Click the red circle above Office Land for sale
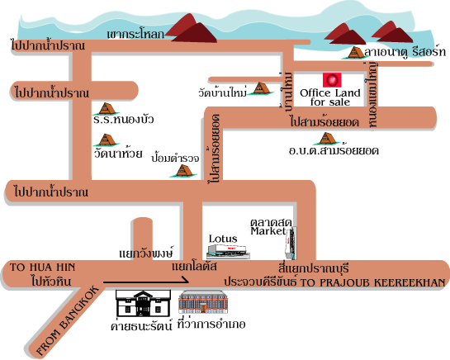point(332,80)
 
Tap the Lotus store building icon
point(229,252)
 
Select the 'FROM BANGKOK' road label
point(68,320)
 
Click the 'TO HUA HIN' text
point(42,268)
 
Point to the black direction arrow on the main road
point(146,282)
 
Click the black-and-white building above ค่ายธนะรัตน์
point(143,303)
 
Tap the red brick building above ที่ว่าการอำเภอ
point(203,302)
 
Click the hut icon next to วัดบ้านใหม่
point(261,88)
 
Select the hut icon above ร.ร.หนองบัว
point(107,109)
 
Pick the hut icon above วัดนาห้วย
point(107,140)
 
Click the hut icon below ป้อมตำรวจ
point(184,171)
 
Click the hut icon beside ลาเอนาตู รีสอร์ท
point(355,53)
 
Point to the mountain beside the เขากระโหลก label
point(191,29)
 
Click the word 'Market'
point(268,231)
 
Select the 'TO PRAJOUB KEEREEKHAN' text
point(372,282)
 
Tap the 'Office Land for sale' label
point(330,97)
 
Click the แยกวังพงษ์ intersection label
point(146,253)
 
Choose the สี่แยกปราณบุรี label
point(314,268)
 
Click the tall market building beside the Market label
point(291,243)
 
